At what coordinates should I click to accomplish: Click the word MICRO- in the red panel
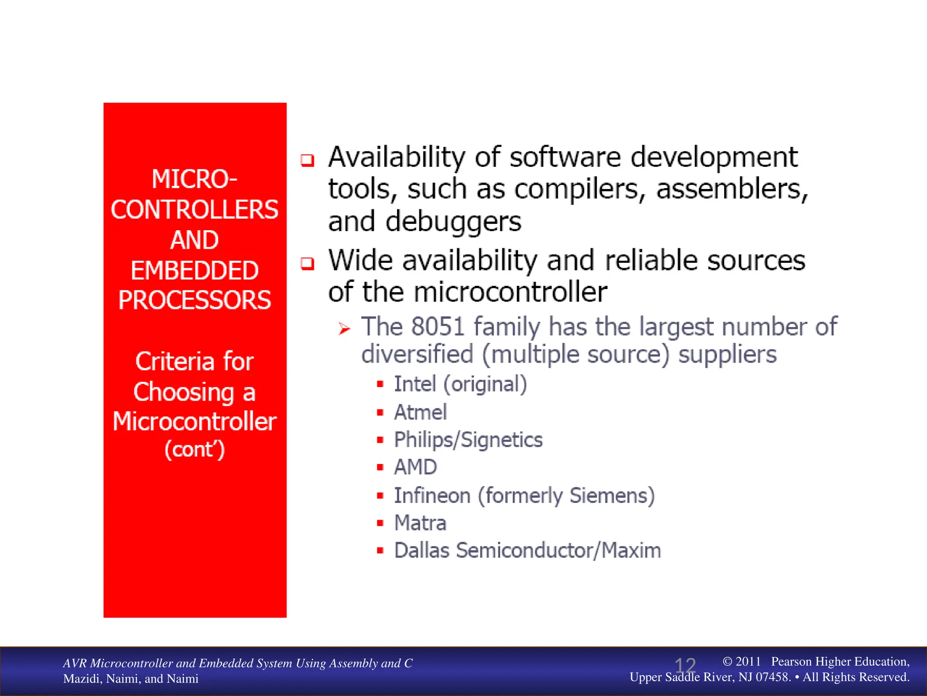tap(194, 179)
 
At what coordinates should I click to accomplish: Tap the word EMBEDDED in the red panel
tap(195, 271)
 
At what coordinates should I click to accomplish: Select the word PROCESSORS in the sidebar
tap(195, 300)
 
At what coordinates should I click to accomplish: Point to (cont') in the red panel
tap(195, 449)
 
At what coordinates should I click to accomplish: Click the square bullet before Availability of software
tap(307, 160)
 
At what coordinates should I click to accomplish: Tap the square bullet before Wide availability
tap(307, 263)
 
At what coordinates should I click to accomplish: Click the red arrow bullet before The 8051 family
tap(344, 329)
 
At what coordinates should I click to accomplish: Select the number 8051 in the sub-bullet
tap(438, 326)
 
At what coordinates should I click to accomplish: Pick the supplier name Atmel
tap(420, 412)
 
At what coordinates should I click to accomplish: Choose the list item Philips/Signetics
tap(468, 440)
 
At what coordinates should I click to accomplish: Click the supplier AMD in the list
tap(416, 467)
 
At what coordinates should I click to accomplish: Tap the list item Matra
tap(420, 523)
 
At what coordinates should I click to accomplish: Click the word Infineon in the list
tap(432, 495)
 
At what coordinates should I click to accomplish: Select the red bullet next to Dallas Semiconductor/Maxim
tap(380, 551)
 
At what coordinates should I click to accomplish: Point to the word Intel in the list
tap(415, 384)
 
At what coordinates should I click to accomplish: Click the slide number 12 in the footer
tap(685, 666)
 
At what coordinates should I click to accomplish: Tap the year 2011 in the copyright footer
tap(748, 662)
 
